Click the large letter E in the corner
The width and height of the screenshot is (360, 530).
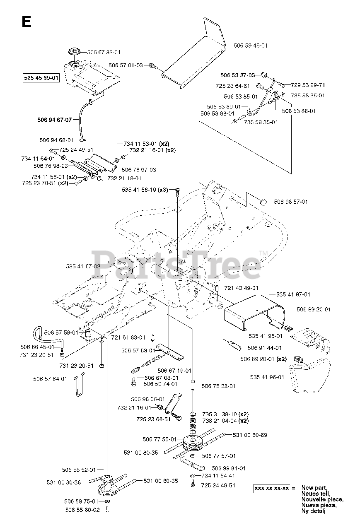click(x=26, y=21)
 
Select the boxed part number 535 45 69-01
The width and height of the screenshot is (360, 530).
click(x=42, y=78)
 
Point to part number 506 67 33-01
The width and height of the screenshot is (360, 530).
click(x=104, y=53)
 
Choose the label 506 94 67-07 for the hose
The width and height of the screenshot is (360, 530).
click(x=55, y=120)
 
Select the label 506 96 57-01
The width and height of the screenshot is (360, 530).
click(x=291, y=202)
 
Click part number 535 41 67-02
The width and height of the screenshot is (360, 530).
click(x=83, y=266)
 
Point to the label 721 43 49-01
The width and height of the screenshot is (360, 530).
click(x=242, y=288)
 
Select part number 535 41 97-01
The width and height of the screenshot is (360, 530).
click(x=293, y=294)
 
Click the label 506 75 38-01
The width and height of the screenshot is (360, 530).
click(x=218, y=386)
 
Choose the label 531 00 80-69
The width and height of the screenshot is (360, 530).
click(x=250, y=435)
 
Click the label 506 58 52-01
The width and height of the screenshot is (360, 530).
click(x=79, y=470)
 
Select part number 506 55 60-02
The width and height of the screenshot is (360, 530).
click(x=82, y=510)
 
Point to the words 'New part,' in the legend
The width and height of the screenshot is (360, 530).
click(x=314, y=488)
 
